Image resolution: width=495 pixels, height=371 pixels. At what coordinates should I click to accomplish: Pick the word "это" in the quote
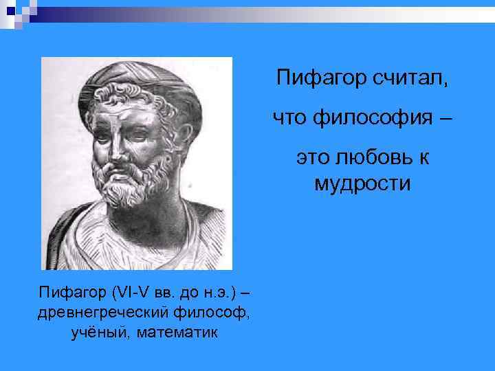312,160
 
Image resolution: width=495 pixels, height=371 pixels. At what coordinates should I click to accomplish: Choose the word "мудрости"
362,183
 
